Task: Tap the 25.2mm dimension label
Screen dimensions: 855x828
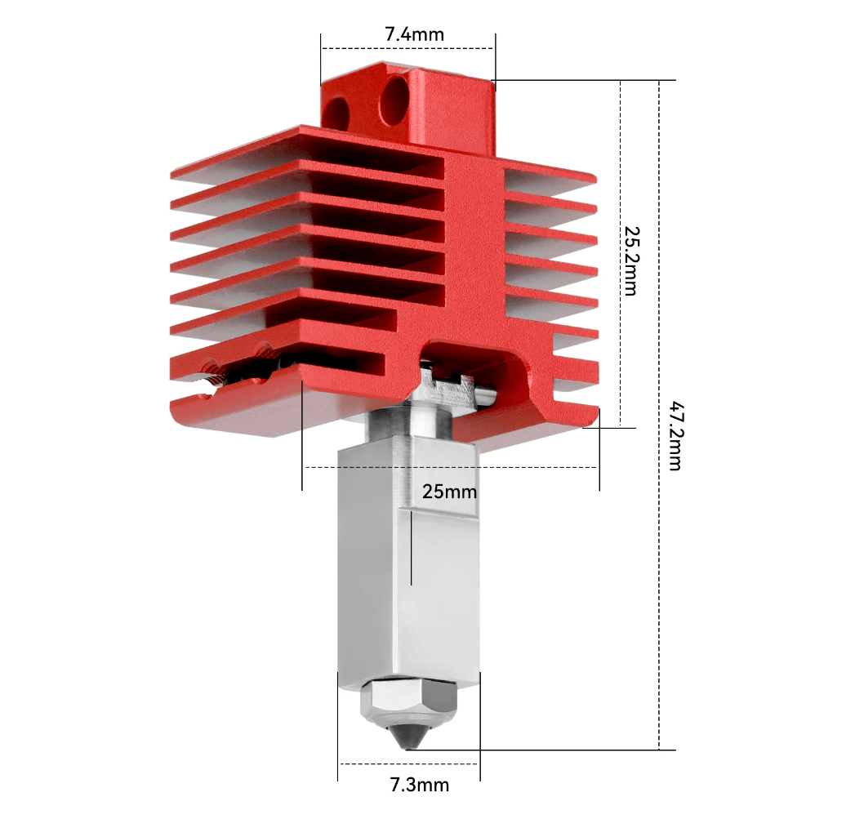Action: (631, 261)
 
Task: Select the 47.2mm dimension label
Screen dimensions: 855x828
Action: (676, 436)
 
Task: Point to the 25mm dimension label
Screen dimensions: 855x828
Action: (449, 492)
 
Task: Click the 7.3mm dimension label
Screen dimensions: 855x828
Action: (419, 785)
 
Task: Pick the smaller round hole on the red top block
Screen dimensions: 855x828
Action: (336, 114)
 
